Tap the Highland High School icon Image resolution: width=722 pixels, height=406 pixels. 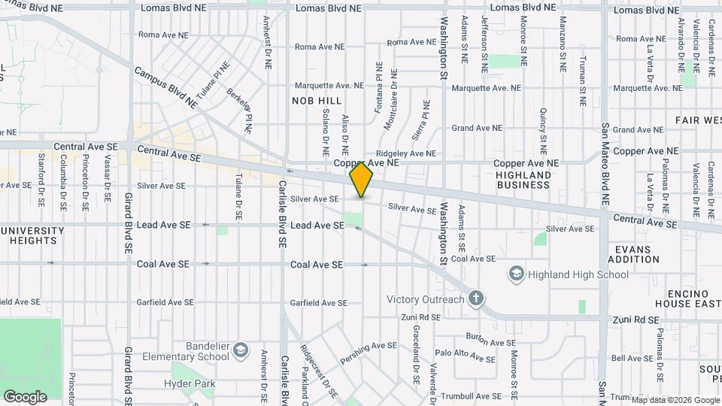[x=516, y=274]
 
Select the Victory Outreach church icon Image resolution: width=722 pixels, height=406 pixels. [x=475, y=299]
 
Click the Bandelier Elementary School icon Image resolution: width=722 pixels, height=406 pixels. [x=239, y=351]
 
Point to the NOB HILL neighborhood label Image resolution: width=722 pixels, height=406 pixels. [x=317, y=101]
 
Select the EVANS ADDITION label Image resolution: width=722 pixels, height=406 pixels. [x=637, y=254]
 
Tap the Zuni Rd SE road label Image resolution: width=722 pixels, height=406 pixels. [x=636, y=320]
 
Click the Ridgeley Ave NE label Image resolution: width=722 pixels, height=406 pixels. [x=406, y=153]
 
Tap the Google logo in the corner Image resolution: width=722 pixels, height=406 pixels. [x=25, y=396]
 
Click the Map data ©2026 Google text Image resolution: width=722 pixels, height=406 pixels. [x=675, y=400]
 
